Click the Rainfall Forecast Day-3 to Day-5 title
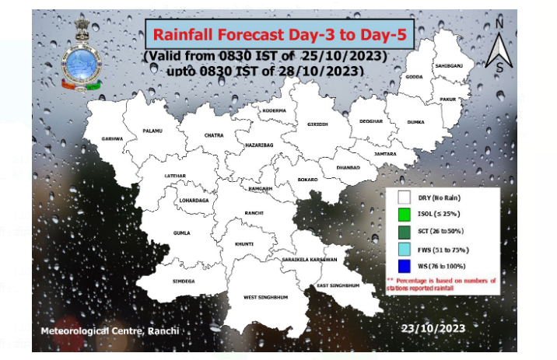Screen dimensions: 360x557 tap(278, 34)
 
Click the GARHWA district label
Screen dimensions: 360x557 tap(112, 138)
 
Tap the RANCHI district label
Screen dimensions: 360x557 tap(254, 213)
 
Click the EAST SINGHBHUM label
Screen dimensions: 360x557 tap(338, 286)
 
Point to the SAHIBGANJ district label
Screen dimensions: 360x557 tap(449, 66)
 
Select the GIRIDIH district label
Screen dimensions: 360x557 tap(317, 124)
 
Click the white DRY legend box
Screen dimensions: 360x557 tap(403, 199)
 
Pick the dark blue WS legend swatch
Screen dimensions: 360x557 tap(403, 267)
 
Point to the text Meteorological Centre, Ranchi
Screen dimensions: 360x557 tap(110, 332)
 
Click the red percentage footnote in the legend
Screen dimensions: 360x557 tap(440, 284)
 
